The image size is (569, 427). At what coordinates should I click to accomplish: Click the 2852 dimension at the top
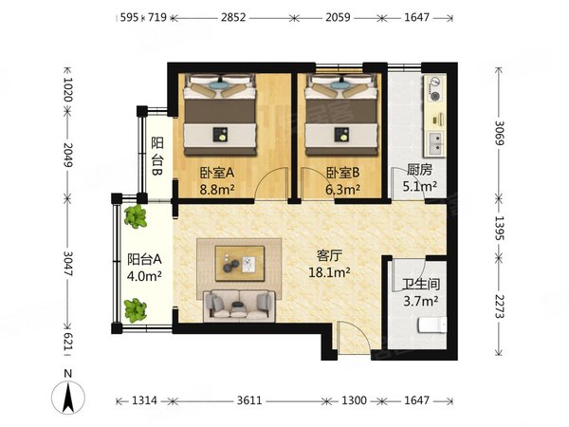tap(233, 17)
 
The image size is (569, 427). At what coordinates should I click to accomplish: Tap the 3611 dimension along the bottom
tap(249, 400)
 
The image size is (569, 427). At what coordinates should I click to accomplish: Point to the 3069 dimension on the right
tap(500, 133)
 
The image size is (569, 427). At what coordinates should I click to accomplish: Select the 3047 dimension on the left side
tap(68, 263)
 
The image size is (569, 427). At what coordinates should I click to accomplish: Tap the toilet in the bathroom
tap(432, 325)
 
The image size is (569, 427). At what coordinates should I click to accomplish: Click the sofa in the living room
tap(239, 306)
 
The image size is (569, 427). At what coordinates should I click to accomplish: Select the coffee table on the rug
tap(240, 263)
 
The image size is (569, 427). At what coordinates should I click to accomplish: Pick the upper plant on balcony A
tap(136, 216)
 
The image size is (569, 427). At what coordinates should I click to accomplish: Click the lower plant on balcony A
tap(136, 310)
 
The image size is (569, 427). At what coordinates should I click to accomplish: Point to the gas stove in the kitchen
tap(434, 88)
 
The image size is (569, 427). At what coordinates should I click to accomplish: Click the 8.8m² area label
tap(217, 189)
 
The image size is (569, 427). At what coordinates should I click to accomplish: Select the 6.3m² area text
tap(342, 189)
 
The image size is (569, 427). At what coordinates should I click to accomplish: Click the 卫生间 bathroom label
tap(421, 284)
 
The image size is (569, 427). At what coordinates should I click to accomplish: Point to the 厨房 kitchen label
tap(419, 170)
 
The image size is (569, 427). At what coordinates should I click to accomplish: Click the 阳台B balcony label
tap(157, 157)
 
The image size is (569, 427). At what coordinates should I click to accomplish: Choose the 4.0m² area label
tap(144, 276)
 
